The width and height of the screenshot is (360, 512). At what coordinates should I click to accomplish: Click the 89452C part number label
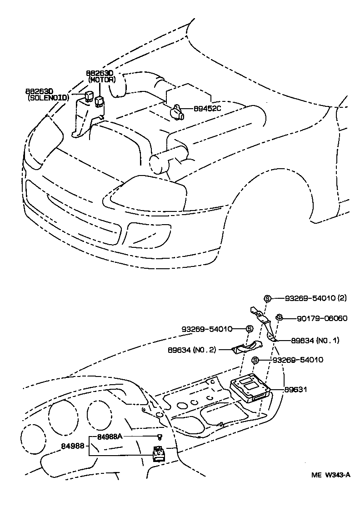[x=207, y=109]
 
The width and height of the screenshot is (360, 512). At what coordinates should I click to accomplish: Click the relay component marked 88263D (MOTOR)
[x=100, y=100]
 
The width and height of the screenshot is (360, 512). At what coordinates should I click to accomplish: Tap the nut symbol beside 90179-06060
[x=280, y=317]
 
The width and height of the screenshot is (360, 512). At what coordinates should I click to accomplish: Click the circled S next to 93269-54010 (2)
[x=267, y=298]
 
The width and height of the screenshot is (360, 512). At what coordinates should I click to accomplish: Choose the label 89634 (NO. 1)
[x=309, y=340]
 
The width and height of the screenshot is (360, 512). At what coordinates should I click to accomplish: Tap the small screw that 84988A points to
[x=159, y=437]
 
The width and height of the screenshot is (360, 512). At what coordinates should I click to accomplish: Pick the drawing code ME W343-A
[x=330, y=476]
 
